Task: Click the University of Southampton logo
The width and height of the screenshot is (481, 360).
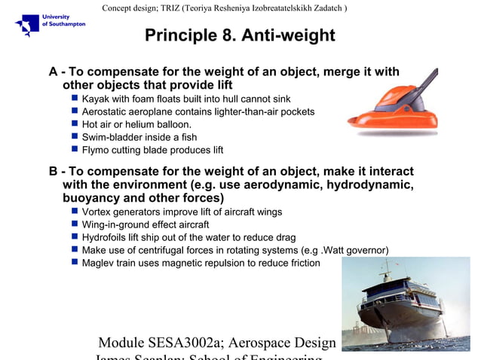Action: (50, 24)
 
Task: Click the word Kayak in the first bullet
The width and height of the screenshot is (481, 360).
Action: (97, 99)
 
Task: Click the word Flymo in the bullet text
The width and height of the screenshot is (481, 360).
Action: (97, 150)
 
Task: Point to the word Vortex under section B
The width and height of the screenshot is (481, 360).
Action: (97, 212)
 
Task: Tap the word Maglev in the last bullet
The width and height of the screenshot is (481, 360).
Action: (99, 263)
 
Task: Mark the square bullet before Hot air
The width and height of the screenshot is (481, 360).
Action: (75, 124)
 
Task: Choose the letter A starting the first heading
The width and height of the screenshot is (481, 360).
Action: (54, 72)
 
